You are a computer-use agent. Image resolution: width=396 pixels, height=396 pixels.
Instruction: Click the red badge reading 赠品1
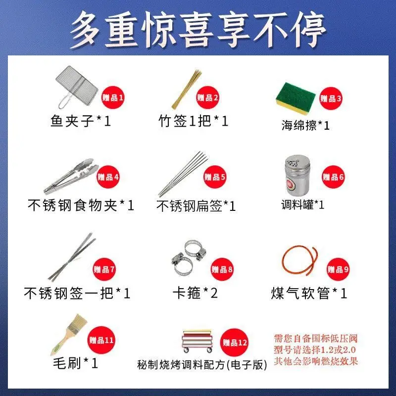click(x=113, y=98)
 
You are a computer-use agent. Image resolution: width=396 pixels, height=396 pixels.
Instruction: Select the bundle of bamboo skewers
click(x=187, y=89)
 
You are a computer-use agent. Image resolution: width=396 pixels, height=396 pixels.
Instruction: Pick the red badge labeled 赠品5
click(x=215, y=177)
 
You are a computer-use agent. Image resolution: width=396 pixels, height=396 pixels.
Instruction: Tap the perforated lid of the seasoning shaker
click(x=297, y=162)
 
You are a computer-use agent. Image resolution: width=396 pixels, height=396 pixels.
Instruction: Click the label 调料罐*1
click(x=303, y=204)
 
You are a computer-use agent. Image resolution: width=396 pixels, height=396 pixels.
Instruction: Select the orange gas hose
click(x=300, y=261)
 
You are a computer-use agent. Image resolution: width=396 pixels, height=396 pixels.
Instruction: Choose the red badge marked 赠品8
click(x=222, y=269)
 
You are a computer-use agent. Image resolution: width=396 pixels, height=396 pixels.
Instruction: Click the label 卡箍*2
click(x=195, y=293)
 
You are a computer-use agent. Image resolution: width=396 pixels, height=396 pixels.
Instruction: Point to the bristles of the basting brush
click(x=77, y=324)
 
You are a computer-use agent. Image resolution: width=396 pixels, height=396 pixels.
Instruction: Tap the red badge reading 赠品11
click(x=101, y=340)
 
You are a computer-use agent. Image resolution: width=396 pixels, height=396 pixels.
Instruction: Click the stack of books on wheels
click(x=198, y=341)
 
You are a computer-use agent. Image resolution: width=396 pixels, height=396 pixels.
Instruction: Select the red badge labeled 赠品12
click(x=234, y=343)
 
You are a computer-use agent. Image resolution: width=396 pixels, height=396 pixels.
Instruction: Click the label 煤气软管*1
click(x=309, y=293)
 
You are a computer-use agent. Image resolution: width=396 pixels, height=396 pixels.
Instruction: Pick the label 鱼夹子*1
click(x=81, y=121)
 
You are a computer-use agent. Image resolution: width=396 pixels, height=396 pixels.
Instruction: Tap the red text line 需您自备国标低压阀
click(x=316, y=339)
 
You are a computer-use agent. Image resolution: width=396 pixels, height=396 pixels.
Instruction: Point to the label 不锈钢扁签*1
click(x=196, y=206)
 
